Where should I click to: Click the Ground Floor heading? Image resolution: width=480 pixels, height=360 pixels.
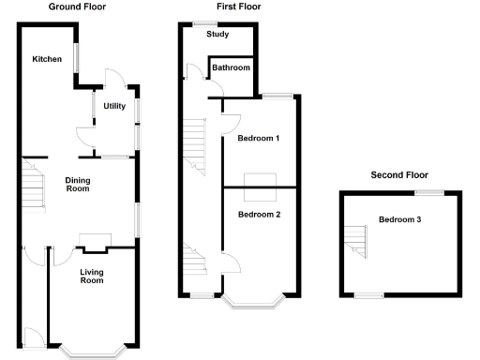pyautogui.click(x=77, y=7)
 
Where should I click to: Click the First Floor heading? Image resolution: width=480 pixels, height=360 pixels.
pyautogui.click(x=238, y=7)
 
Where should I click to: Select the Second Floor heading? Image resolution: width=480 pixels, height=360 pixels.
pyautogui.click(x=398, y=174)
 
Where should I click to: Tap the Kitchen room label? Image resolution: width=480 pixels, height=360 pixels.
pyautogui.click(x=47, y=60)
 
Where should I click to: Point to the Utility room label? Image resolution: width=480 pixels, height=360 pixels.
pyautogui.click(x=114, y=107)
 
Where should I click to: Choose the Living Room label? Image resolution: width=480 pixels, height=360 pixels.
pyautogui.click(x=91, y=277)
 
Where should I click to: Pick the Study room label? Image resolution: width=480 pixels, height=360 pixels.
pyautogui.click(x=217, y=36)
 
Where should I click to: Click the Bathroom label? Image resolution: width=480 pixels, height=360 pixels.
pyautogui.click(x=231, y=68)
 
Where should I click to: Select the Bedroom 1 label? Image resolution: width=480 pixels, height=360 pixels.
pyautogui.click(x=259, y=139)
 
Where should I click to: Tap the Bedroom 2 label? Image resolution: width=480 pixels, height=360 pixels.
pyautogui.click(x=259, y=215)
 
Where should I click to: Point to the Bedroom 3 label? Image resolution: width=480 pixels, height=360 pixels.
pyautogui.click(x=400, y=220)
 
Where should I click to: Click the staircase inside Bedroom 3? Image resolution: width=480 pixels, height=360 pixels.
pyautogui.click(x=356, y=242)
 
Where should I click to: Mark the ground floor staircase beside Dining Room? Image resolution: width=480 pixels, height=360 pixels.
pyautogui.click(x=34, y=185)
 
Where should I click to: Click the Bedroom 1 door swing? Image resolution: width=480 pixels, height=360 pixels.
pyautogui.click(x=231, y=123)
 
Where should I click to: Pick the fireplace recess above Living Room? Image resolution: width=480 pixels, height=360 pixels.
pyautogui.click(x=94, y=241)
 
